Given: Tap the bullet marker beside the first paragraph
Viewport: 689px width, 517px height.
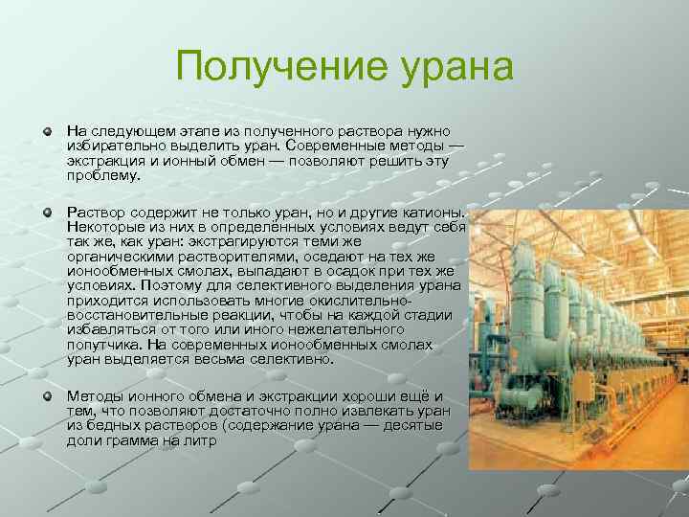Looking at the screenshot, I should point(47,129).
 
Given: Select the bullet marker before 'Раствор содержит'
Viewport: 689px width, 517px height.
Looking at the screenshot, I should point(47,209).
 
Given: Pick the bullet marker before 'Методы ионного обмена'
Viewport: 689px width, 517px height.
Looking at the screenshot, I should point(47,394).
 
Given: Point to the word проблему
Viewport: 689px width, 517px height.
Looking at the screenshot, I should point(102,175).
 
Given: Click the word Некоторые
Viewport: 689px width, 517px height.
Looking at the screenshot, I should point(104,226).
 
